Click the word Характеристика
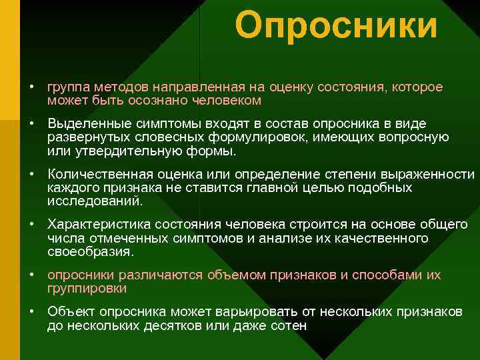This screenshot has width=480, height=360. (x=93, y=225)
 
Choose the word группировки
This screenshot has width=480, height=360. (x=87, y=288)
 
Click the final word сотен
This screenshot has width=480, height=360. (x=289, y=325)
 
